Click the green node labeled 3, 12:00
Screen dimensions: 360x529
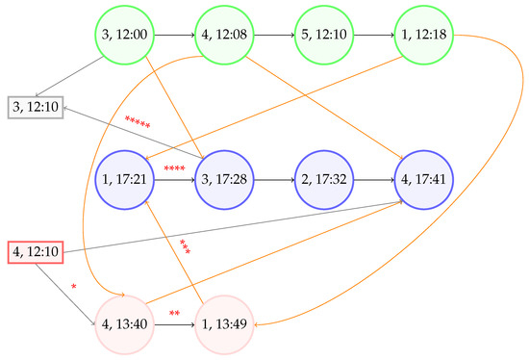(126, 36)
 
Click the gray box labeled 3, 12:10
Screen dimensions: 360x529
(35, 105)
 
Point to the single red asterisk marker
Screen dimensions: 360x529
(74, 287)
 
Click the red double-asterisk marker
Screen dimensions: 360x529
(175, 314)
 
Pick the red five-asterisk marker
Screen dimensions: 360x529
(138, 122)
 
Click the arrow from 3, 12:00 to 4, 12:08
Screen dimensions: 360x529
(175, 36)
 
